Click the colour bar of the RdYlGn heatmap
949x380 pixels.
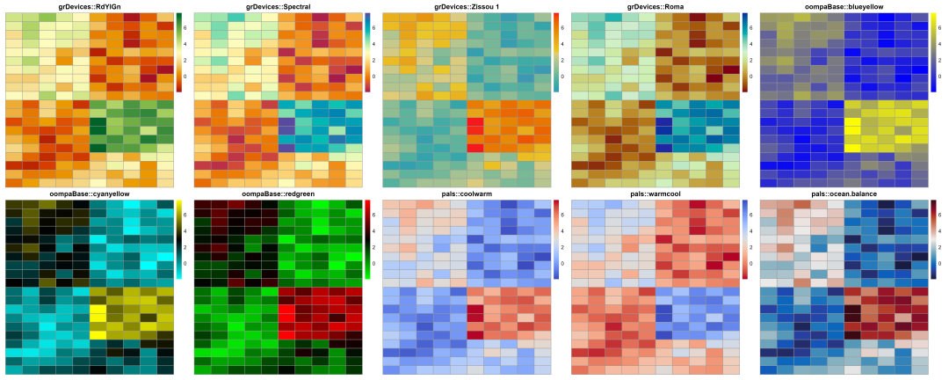pyautogui.click(x=179, y=52)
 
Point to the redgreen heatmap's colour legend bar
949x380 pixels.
pyautogui.click(x=367, y=239)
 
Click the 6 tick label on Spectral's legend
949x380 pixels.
pyautogui.click(x=374, y=28)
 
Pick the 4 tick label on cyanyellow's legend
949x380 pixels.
pyautogui.click(x=186, y=231)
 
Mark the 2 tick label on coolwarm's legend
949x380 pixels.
pyautogui.click(x=563, y=247)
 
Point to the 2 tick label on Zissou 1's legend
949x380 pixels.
pyautogui.click(x=563, y=60)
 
